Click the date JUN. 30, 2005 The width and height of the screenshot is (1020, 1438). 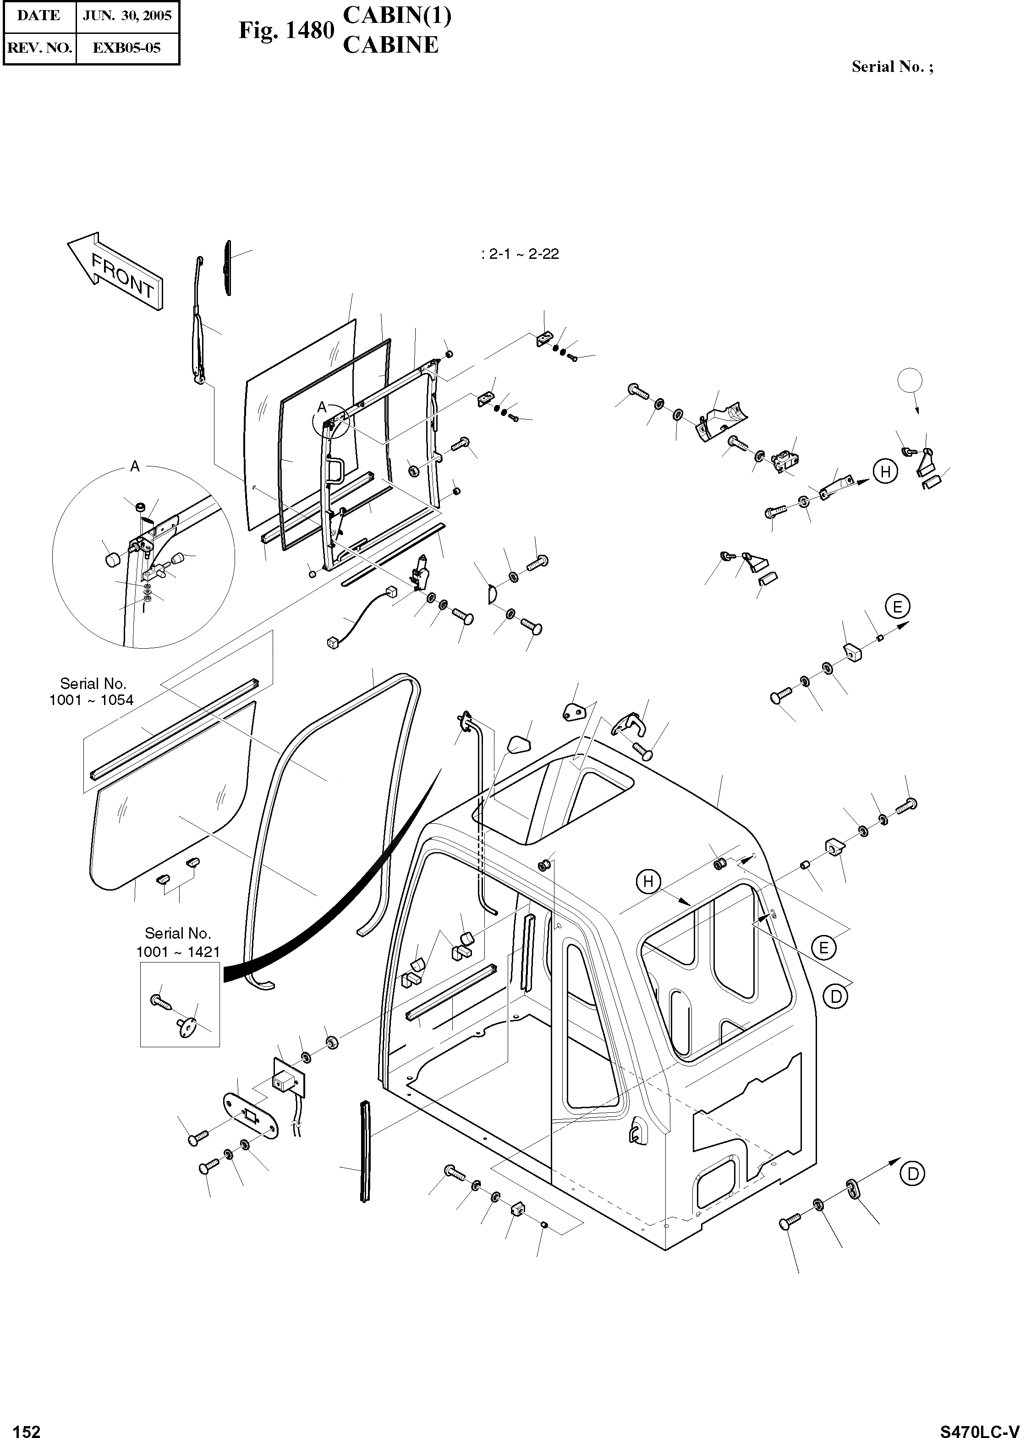pos(127,16)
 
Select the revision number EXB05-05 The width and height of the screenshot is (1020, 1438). pos(127,48)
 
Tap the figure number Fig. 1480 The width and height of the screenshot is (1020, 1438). pos(286,30)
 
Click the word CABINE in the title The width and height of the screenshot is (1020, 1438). pos(391,45)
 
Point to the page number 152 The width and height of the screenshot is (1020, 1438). pos(27,1426)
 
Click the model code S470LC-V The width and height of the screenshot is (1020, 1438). pos(979,1426)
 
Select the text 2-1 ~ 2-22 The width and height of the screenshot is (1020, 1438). pos(520,254)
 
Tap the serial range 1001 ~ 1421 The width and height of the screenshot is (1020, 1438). pos(178,952)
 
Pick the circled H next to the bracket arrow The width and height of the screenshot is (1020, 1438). pos(885,471)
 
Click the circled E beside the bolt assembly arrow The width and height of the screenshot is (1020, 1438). pos(898,607)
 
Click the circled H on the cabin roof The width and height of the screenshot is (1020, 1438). pos(648,882)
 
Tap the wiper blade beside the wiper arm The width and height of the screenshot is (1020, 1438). pos(227,267)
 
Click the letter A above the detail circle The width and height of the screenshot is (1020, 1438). pos(134,466)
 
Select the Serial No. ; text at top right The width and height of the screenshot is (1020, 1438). pos(892,67)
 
